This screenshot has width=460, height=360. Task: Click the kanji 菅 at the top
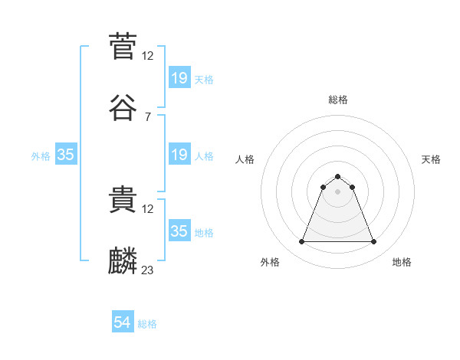pos(123,45)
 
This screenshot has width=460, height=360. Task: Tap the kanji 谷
pos(123,108)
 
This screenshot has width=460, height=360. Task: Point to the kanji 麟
pos(123,261)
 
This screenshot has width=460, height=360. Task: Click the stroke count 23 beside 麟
pos(148,270)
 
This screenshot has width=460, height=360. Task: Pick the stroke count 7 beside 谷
pos(148,116)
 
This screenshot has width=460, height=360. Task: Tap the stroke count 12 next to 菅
pos(148,55)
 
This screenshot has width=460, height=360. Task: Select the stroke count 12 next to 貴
pos(148,208)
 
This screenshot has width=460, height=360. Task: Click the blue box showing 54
pos(123,323)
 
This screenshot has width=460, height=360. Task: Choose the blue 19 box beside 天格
pos(179,78)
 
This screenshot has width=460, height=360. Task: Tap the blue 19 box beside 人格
pos(179,155)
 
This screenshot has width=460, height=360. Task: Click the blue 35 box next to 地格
pos(179,231)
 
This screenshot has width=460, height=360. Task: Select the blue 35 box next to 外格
pos(66,155)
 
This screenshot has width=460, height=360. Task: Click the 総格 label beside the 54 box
pos(147,324)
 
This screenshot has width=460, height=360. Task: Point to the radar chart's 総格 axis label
pos(338,100)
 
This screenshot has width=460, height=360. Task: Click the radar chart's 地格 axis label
pos(402,263)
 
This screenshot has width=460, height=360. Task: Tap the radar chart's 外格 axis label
pos(270,263)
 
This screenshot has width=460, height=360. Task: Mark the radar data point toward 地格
pos(373,242)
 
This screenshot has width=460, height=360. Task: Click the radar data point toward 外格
pos(302,242)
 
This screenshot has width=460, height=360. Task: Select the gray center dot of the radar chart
pos(338,191)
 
